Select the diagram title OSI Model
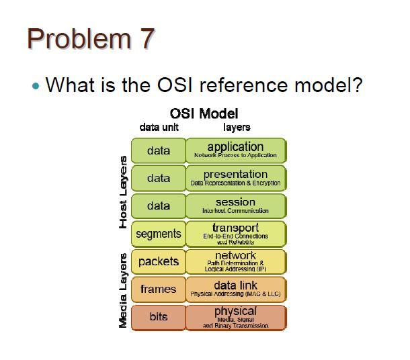[209, 114]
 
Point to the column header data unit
[159, 127]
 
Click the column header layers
[236, 127]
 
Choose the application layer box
[235, 150]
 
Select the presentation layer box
[235, 177]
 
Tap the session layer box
[235, 206]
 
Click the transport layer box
[235, 233]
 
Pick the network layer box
[235, 261]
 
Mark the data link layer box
[235, 289]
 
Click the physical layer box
[235, 317]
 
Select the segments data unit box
[158, 234]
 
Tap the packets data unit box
[158, 261]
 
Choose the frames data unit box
[158, 289]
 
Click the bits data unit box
[158, 317]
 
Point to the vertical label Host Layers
[123, 191]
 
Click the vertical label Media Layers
[123, 290]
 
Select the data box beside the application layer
[158, 150]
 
